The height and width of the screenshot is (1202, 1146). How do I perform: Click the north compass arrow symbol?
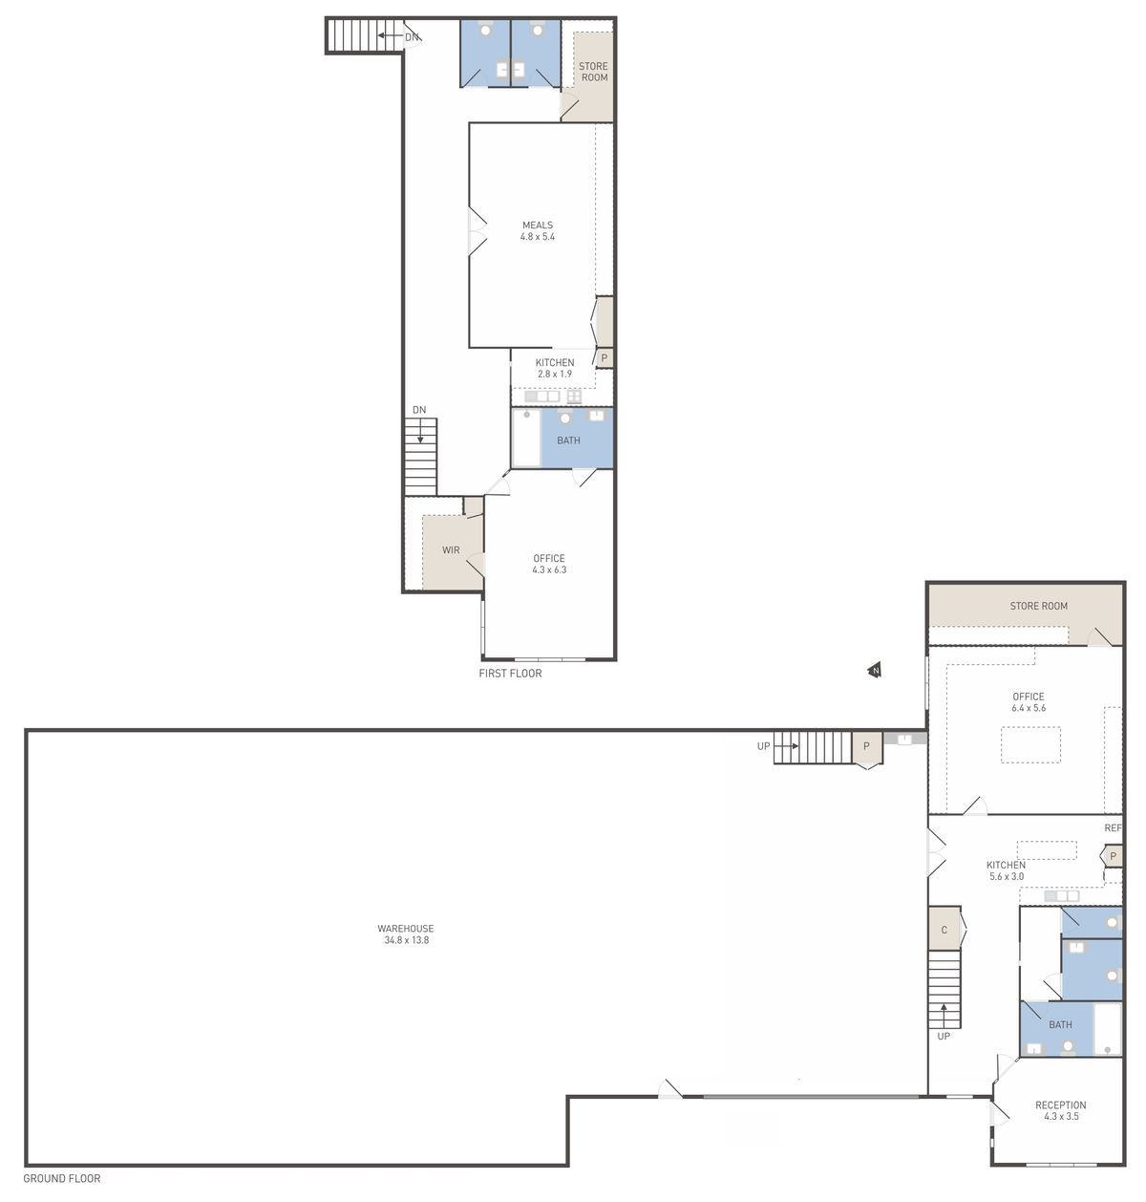coord(875,670)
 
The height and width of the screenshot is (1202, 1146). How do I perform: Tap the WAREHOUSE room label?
coord(405,928)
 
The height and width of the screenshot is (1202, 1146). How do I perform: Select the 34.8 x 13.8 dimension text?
coord(407,940)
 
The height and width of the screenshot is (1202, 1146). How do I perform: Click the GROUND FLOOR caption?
coord(62,1178)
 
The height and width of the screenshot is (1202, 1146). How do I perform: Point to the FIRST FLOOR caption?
coord(510,674)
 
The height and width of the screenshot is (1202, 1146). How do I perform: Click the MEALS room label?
coord(538,225)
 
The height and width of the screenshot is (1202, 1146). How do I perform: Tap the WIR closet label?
coord(451,550)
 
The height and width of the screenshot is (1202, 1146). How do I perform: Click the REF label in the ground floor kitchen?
coord(1113,827)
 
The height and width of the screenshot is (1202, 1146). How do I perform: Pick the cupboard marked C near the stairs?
coord(944,930)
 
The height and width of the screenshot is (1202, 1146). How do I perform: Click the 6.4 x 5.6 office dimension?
coord(1029,708)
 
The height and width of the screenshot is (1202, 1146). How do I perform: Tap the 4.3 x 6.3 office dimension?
coord(549,569)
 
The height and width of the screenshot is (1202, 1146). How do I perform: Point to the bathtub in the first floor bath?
coord(526,438)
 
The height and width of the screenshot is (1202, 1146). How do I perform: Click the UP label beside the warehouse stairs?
coord(763,746)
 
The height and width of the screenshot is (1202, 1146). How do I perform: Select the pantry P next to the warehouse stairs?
coord(867,747)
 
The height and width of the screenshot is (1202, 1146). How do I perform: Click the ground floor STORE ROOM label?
coord(1038,606)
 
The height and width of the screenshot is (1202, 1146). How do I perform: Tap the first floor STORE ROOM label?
coord(593,72)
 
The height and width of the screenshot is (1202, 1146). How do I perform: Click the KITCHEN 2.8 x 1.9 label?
coord(554,368)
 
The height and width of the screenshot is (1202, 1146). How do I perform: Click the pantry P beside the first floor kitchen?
coord(605,357)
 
